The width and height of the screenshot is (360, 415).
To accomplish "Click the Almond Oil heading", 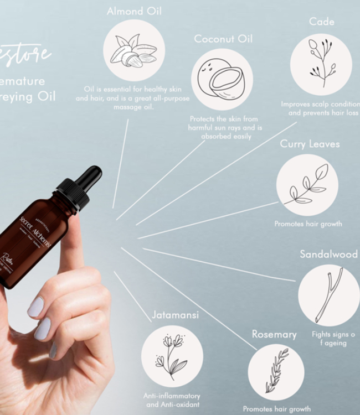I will [x=134, y=11].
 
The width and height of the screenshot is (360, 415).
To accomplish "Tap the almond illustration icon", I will [x=133, y=50].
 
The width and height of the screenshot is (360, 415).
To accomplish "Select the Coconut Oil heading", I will [x=223, y=39].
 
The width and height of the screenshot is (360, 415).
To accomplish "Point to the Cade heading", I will [x=322, y=22].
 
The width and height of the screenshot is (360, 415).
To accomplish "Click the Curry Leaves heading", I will [x=310, y=144].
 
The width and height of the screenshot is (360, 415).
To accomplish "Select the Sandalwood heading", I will [x=329, y=254].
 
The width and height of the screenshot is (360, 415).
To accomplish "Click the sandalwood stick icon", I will [x=328, y=295].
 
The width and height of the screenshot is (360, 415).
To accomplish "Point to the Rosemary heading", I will [x=274, y=334].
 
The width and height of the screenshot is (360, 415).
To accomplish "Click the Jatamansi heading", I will [x=175, y=315].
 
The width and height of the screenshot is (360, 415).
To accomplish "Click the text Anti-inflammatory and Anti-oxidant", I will [x=172, y=400].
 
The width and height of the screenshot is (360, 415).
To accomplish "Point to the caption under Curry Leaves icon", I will [x=308, y=224].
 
